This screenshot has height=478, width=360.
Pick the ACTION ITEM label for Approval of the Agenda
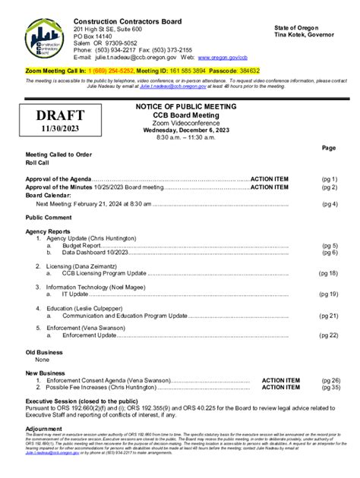(x=270, y=178)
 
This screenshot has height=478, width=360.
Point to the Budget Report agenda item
(x=81, y=246)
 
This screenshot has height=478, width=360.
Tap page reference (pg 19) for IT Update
(x=328, y=294)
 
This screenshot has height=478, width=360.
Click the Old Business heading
(x=44, y=353)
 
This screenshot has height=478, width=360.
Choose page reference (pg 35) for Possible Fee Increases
(x=330, y=387)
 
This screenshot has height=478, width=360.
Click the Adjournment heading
(x=45, y=429)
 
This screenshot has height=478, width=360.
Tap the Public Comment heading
(x=49, y=217)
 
